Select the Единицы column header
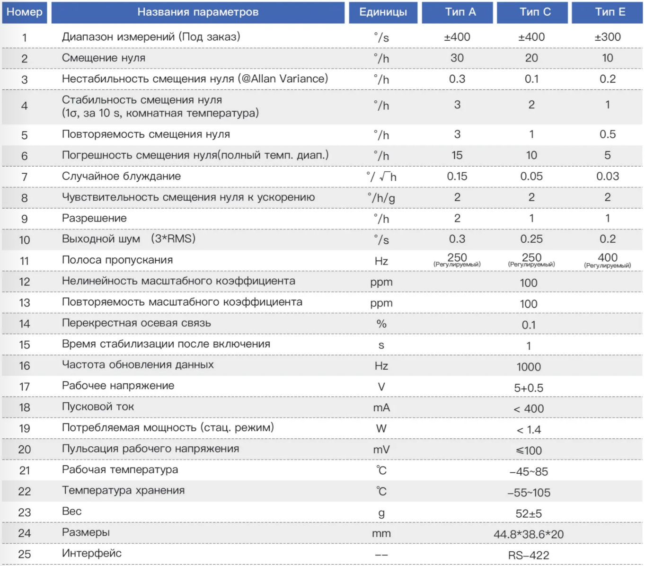point(383,12)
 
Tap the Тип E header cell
point(607,12)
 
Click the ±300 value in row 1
point(608,37)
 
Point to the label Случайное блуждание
point(121,176)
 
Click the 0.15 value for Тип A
point(457,176)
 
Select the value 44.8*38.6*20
point(529,534)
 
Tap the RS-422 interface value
point(529,555)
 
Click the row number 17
point(25,387)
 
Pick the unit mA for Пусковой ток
point(381,407)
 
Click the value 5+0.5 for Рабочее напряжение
point(529,388)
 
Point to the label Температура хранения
point(123,490)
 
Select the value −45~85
point(529,471)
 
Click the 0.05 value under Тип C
point(531,176)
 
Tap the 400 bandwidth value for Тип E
point(608,257)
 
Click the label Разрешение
point(94,218)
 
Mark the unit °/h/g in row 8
point(381,198)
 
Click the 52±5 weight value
point(529,513)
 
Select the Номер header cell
point(25,12)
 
